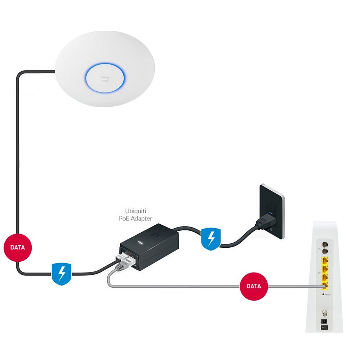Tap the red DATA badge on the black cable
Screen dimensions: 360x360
click(17, 247)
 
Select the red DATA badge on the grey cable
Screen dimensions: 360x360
click(254, 287)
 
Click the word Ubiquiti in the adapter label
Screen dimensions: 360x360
click(135, 211)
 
